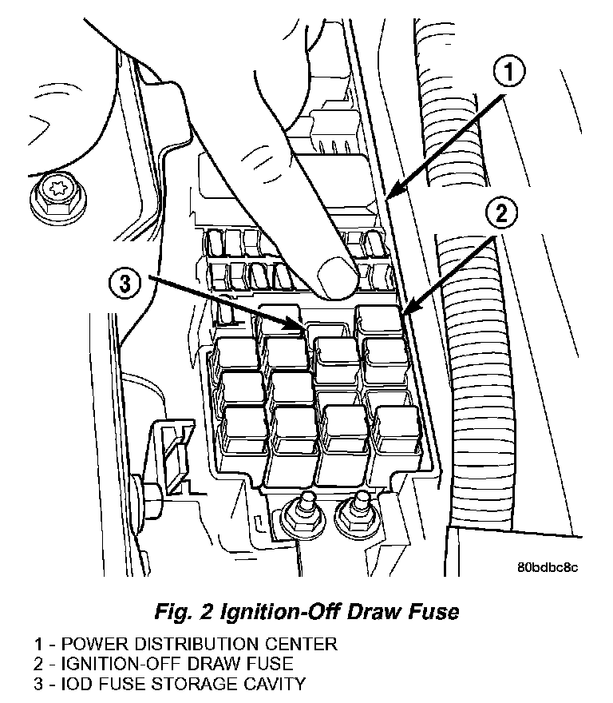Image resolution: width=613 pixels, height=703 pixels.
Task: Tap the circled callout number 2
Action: click(x=500, y=212)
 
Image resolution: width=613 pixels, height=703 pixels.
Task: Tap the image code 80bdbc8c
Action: click(x=547, y=568)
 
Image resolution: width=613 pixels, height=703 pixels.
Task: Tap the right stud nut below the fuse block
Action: click(x=358, y=516)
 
